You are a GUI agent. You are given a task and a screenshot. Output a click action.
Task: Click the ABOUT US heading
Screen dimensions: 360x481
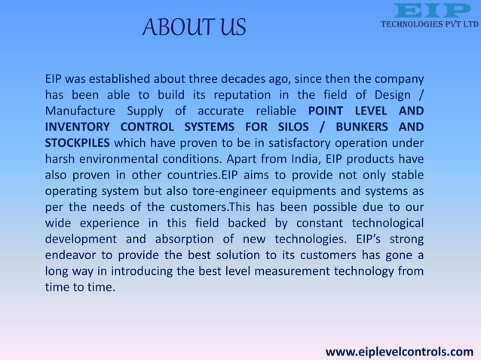pyautogui.click(x=195, y=29)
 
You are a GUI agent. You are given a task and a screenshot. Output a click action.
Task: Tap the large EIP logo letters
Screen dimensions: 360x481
pyautogui.click(x=426, y=11)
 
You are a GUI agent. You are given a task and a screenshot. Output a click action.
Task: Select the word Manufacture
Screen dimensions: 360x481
pyautogui.click(x=76, y=111)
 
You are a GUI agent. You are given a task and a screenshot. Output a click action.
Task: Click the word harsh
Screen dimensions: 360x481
pyautogui.click(x=58, y=159)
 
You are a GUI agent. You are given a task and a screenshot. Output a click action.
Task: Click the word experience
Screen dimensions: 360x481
pyautogui.click(x=110, y=224)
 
